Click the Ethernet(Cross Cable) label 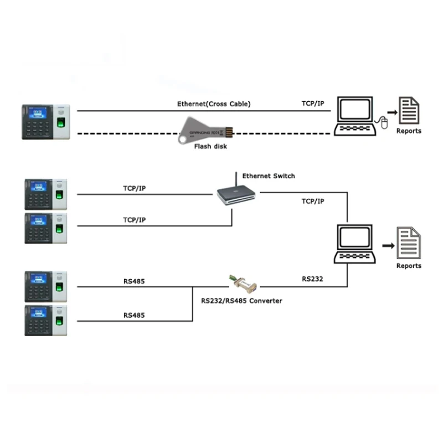click(214, 104)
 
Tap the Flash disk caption click(210, 147)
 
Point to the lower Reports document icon click(409, 244)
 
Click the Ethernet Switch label click(269, 176)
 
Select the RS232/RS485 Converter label click(241, 301)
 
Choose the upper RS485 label click(135, 281)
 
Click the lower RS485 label click(135, 315)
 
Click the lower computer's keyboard click(355, 257)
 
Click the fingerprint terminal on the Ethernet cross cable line click(45, 122)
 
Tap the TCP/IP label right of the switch click(312, 202)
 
